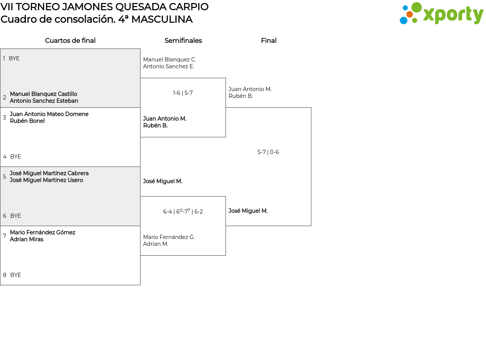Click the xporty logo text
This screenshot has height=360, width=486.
tap(453, 14)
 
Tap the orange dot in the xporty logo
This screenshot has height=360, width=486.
tap(410, 14)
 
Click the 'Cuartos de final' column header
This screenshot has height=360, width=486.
tap(70, 41)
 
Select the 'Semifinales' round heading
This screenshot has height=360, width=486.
tap(183, 41)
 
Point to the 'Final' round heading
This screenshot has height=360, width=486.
tap(269, 41)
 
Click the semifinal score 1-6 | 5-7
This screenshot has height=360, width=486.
tap(183, 93)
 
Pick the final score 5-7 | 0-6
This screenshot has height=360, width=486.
tap(268, 152)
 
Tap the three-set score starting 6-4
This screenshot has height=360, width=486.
tap(183, 211)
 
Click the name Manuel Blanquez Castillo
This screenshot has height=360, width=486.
tap(44, 94)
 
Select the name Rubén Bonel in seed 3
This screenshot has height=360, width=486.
tap(27, 121)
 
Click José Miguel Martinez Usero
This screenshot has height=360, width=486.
tap(46, 180)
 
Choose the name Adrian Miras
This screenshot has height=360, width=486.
tap(27, 239)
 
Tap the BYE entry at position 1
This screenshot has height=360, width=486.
tap(14, 58)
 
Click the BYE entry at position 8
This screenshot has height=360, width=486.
tap(16, 275)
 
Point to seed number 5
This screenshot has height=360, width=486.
tap(5, 177)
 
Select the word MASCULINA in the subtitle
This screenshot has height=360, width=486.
tap(162, 19)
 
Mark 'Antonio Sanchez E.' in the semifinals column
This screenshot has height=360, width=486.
tap(169, 66)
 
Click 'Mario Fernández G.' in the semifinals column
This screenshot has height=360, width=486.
tap(169, 237)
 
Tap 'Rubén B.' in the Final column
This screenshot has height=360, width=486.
tap(241, 96)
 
